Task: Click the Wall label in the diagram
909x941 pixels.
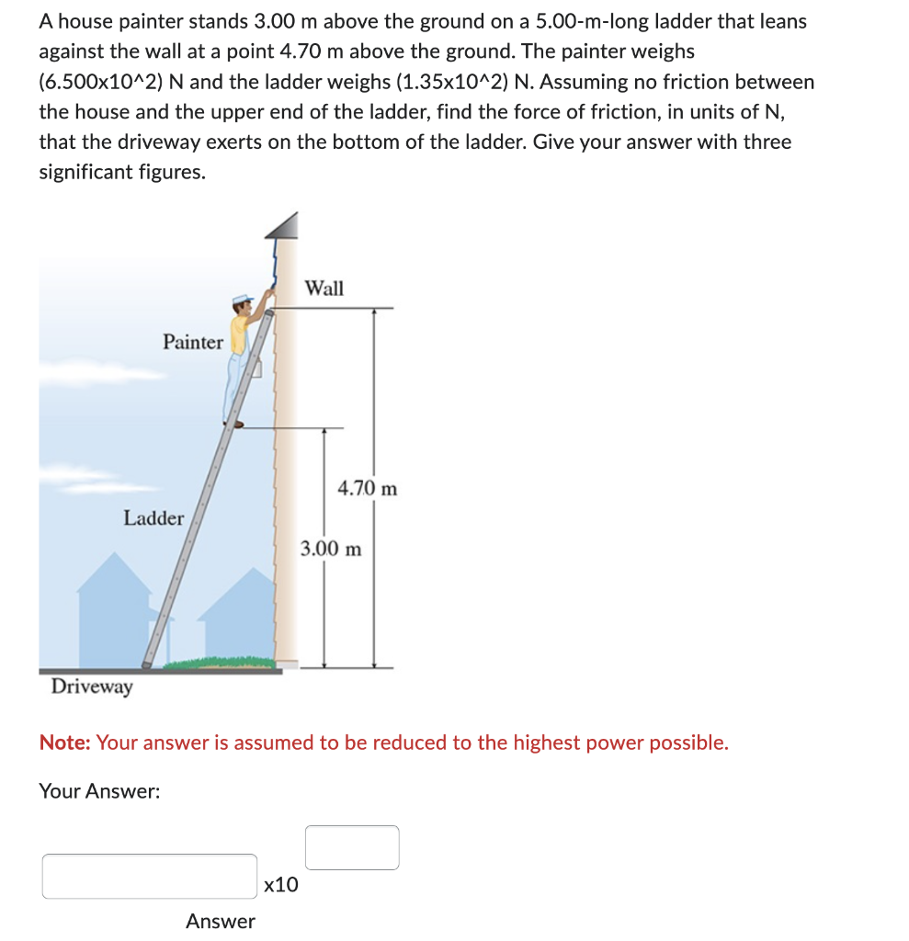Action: (324, 288)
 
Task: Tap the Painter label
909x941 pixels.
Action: (192, 342)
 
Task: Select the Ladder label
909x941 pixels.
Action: (153, 517)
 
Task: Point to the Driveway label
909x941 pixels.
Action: (91, 686)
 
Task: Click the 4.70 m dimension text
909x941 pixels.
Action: (368, 488)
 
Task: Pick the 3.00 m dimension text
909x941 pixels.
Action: (331, 549)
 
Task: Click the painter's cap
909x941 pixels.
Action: (242, 300)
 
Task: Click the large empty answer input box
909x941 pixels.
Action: (149, 876)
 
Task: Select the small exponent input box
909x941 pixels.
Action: (352, 847)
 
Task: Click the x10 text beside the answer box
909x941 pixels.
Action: (280, 885)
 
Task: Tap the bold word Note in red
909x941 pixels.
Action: (64, 743)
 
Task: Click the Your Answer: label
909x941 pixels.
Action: (99, 790)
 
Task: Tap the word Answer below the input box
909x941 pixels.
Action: (221, 921)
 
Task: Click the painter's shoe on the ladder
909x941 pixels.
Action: (235, 424)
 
